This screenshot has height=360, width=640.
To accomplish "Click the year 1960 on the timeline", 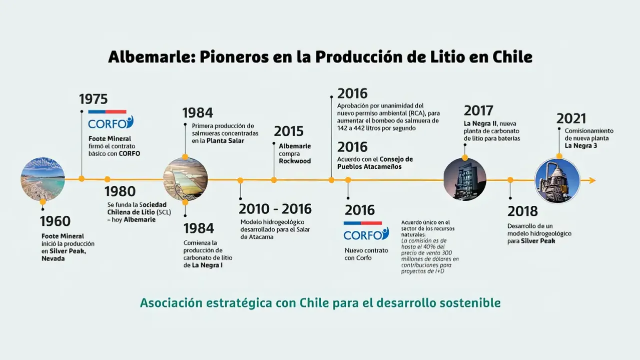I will (x=56, y=221).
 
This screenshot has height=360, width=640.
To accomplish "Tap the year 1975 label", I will (x=93, y=99).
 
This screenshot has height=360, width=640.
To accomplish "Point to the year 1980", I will (x=120, y=191).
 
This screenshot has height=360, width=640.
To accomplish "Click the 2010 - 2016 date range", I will (x=275, y=209).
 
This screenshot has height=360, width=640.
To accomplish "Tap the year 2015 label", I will (x=288, y=131).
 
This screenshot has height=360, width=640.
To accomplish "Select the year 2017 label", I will (x=478, y=110).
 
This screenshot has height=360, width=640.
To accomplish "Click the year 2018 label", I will (x=522, y=211).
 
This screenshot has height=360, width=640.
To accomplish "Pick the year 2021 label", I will (x=571, y=119).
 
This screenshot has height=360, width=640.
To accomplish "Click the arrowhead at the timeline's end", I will (x=592, y=180).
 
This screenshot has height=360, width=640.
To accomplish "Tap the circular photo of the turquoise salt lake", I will (x=43, y=179).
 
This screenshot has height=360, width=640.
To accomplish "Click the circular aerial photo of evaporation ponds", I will (x=186, y=179).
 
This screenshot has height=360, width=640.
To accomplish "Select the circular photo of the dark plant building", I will (x=465, y=179).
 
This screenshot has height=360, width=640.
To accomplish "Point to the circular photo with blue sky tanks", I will (x=557, y=180).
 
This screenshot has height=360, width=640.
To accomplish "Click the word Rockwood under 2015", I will (x=295, y=161).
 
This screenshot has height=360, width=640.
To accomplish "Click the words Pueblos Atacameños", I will (x=369, y=167).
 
